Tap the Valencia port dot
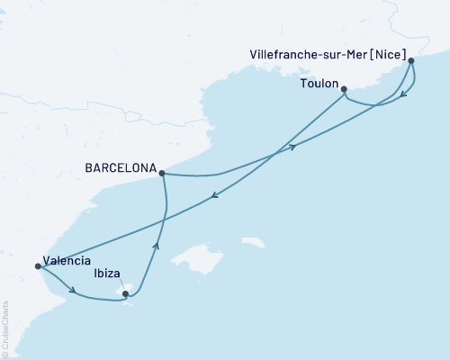(x=37, y=265)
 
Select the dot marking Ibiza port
(x=125, y=293)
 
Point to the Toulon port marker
(x=345, y=88)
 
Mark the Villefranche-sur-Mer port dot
(x=411, y=60)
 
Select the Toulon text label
(x=319, y=84)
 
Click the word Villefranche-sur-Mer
(x=307, y=54)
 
